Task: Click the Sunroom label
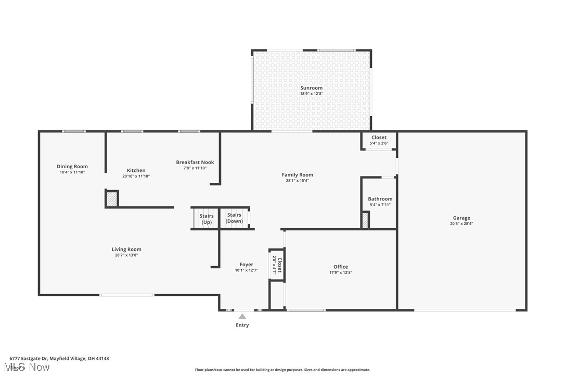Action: point(311,88)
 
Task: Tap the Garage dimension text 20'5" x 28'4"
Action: point(461,224)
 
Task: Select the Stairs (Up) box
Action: point(207,219)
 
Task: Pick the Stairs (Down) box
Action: point(234,218)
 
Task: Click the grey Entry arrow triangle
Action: point(242,316)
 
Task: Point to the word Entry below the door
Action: point(242,325)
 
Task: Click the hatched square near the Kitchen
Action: point(111,199)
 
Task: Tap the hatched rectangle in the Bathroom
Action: point(365,220)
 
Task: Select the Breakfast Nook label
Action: point(195,162)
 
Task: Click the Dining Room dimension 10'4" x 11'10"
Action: point(72,172)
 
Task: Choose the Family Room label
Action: point(297,175)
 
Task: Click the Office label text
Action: point(341,267)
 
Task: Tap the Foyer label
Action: point(246,265)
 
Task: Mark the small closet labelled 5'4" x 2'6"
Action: point(379,141)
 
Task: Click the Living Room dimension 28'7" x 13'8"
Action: point(126,255)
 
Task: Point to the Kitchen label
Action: point(136,170)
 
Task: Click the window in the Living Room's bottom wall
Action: point(126,295)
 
